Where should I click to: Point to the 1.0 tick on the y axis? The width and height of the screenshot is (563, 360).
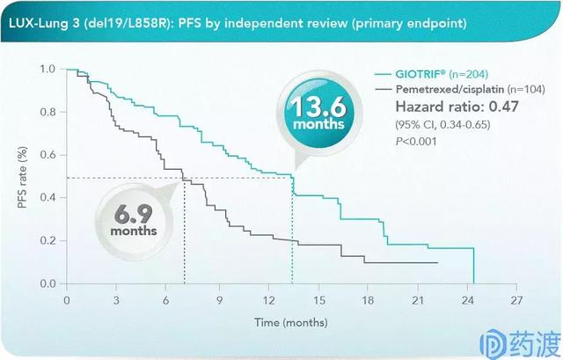[x=48, y=69]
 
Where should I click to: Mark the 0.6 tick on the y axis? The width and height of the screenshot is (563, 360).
[x=48, y=155]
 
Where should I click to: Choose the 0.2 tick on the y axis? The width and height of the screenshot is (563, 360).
[x=48, y=240]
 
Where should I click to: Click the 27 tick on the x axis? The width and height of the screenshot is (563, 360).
[x=523, y=299]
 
